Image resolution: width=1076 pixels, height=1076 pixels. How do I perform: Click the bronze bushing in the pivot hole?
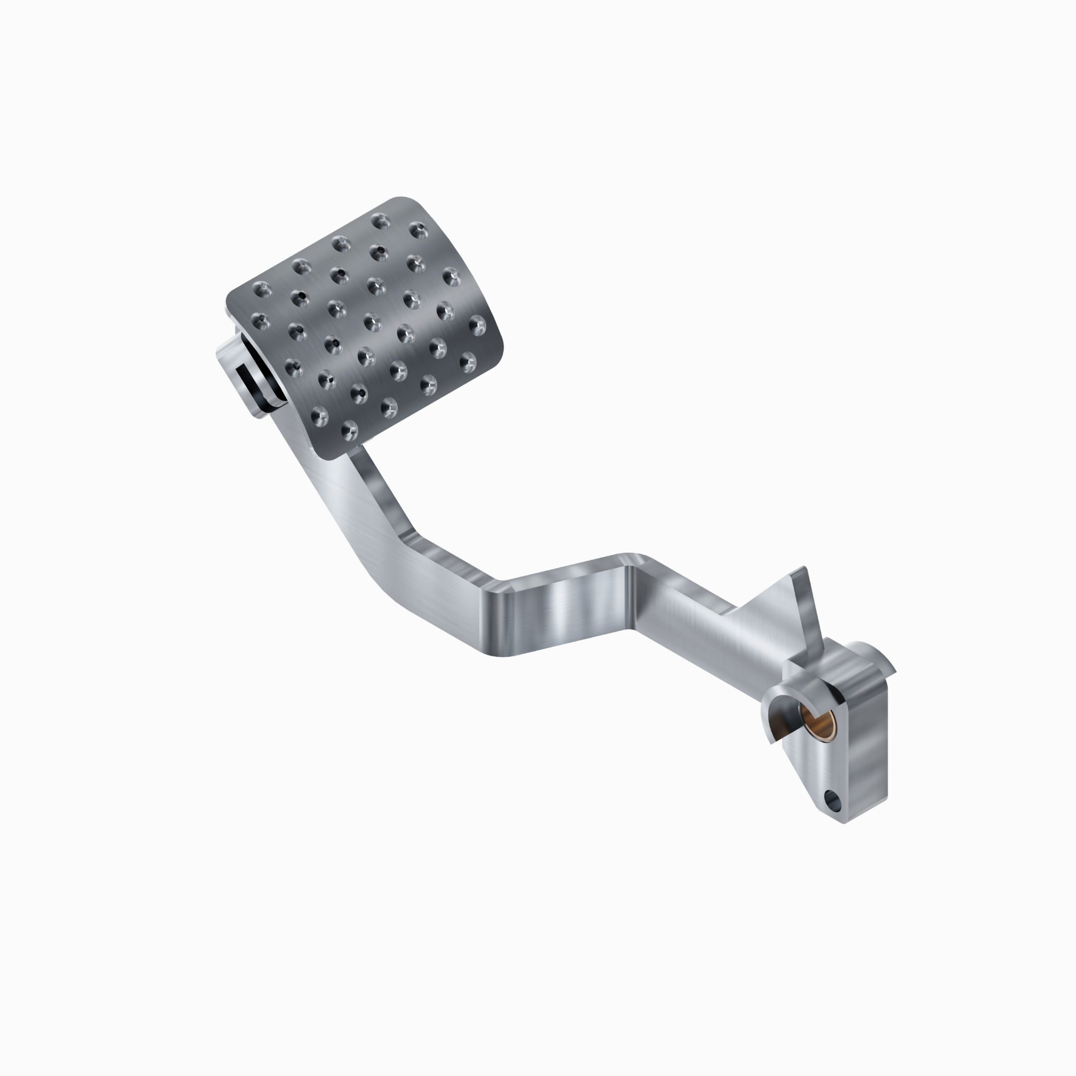click(x=814, y=721)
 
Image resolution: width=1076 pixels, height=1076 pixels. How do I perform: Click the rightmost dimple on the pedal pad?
click(x=477, y=325)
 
